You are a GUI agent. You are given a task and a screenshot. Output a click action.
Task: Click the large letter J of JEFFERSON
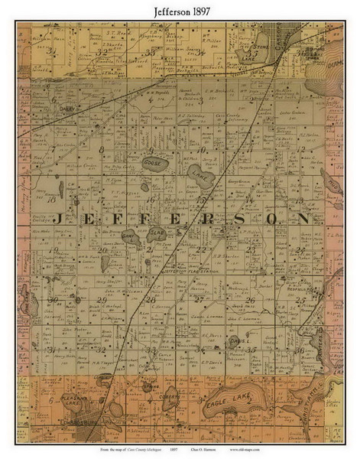(62, 218)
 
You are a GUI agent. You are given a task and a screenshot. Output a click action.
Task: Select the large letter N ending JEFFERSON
(303, 218)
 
